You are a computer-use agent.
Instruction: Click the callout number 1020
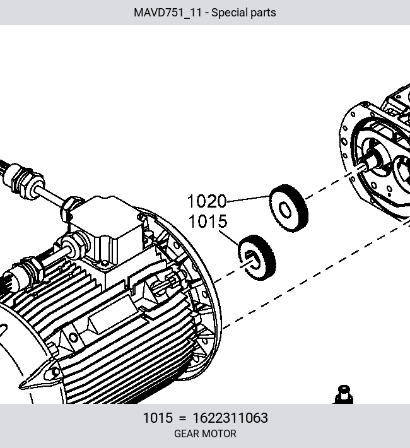point(207,201)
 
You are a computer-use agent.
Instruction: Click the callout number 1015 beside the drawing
point(208,221)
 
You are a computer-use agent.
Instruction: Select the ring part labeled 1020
point(288,208)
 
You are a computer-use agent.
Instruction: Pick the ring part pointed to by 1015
point(257,257)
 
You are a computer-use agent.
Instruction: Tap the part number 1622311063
point(230,418)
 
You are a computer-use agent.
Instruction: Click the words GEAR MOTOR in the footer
point(205,433)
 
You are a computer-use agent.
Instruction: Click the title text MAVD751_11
point(168,13)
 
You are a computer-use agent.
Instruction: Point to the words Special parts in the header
point(243,13)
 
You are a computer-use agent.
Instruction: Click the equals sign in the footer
point(182,418)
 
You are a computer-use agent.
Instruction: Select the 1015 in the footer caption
point(158,418)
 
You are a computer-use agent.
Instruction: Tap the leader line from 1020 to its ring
point(248,199)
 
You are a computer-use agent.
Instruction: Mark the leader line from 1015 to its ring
point(229,238)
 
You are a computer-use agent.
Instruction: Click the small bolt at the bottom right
point(343,394)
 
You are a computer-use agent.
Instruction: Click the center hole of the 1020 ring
point(285,210)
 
